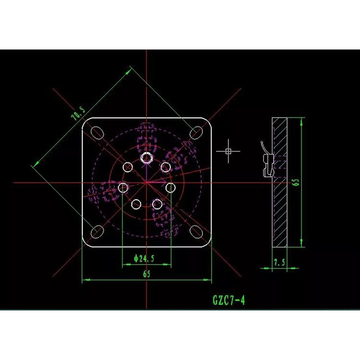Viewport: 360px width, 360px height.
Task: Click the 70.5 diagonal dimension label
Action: (x=78, y=113)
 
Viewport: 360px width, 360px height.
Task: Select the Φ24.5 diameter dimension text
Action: (x=144, y=258)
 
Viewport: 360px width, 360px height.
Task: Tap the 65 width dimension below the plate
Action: (x=147, y=274)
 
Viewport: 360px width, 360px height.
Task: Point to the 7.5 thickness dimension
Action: (x=279, y=262)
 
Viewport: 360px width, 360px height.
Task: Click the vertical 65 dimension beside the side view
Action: (x=297, y=182)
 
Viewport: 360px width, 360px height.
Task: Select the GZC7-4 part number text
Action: (x=229, y=300)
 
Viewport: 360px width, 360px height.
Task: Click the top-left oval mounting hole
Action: (x=97, y=133)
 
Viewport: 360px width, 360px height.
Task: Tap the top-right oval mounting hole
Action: (x=196, y=133)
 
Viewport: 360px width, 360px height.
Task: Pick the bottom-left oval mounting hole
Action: (x=97, y=232)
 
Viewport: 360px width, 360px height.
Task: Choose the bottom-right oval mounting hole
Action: (x=196, y=232)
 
